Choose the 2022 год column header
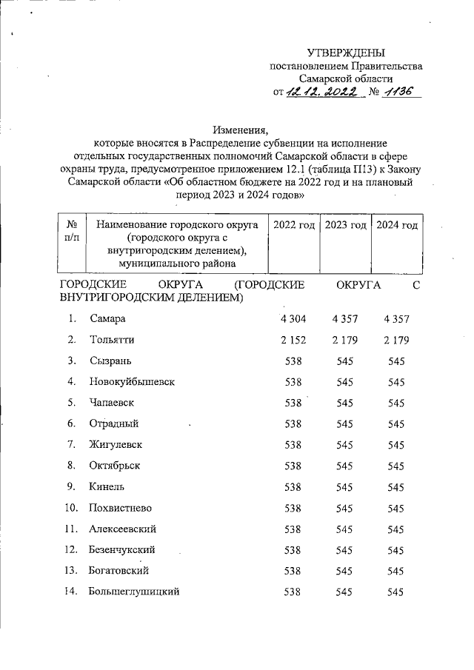[x=293, y=225]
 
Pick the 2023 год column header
[x=345, y=225]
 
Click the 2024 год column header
[x=396, y=225]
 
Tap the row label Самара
[x=108, y=318]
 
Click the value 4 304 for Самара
[x=293, y=318]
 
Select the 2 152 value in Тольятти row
[x=293, y=340]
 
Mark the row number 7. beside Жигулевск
[x=72, y=444]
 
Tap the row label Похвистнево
[x=121, y=508]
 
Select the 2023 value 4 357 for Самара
[x=345, y=318]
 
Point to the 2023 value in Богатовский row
[x=345, y=571]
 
